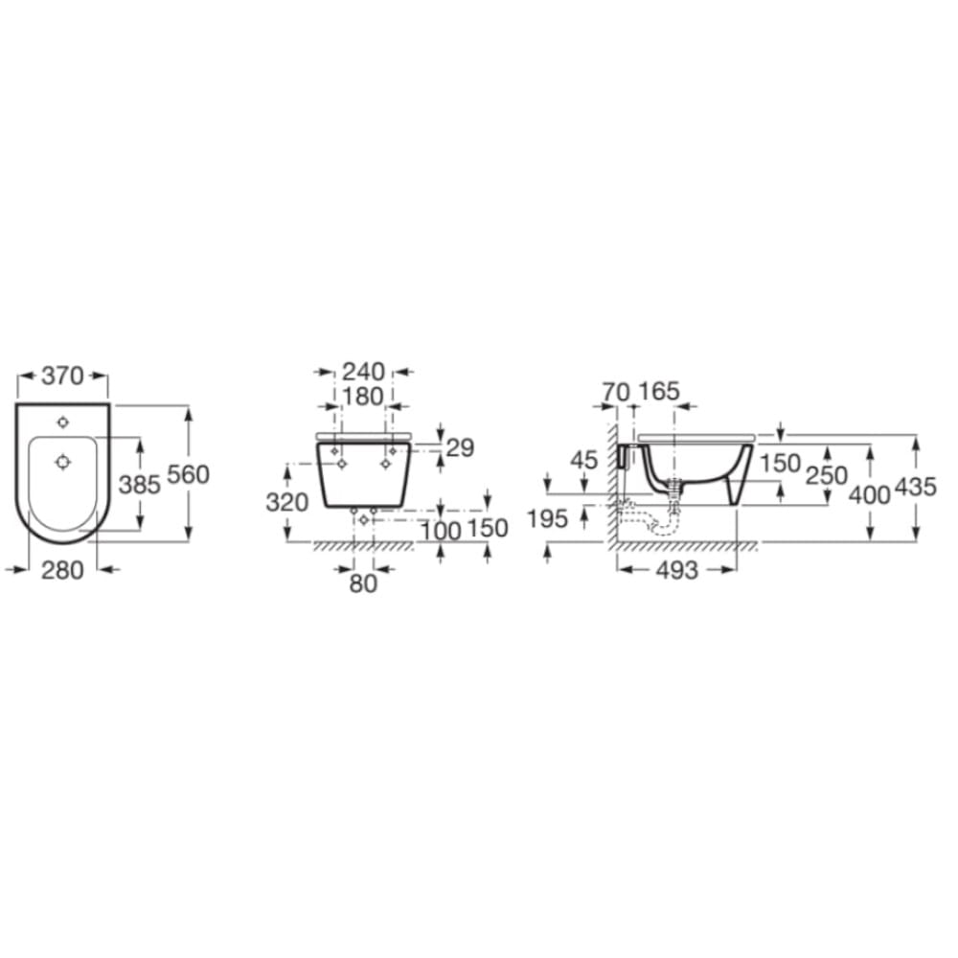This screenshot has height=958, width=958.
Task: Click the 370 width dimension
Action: [62, 376]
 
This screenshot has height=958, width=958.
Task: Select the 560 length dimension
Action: [188, 474]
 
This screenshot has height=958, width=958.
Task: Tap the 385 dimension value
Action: [139, 485]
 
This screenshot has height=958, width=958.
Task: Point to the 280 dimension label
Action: [62, 570]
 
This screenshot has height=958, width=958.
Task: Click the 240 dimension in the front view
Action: [363, 372]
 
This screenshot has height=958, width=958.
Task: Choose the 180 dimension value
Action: [363, 397]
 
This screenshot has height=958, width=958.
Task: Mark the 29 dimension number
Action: [460, 447]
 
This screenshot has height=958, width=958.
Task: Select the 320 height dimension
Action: [286, 502]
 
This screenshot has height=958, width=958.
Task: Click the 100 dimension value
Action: [441, 531]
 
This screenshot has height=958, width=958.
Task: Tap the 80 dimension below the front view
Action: [363, 584]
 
